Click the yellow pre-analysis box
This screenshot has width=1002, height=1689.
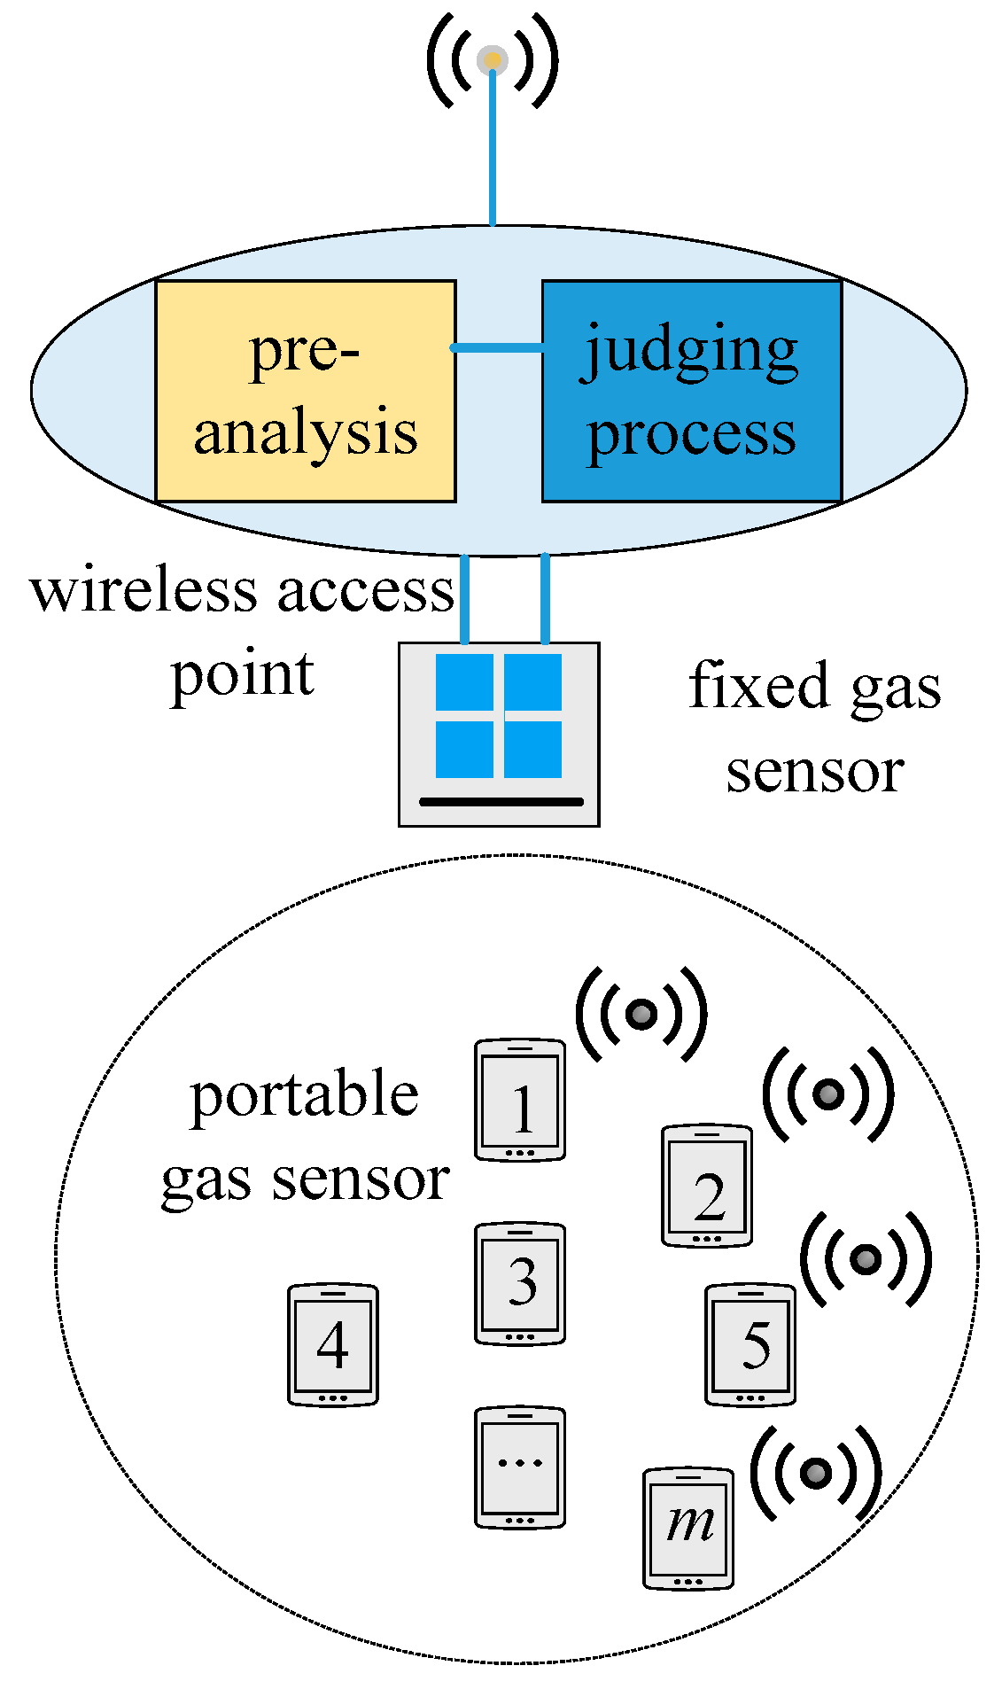point(306,391)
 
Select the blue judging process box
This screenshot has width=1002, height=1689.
point(692,391)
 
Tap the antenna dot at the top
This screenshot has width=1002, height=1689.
point(493,60)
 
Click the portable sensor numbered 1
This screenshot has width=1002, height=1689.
point(520,1100)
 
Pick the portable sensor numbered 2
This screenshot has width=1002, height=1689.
point(707,1186)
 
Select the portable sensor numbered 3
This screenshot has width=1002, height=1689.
point(520,1283)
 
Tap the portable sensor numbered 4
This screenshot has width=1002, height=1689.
point(333,1343)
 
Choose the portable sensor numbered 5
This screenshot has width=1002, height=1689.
point(750,1343)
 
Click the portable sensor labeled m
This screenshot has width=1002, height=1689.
point(688,1528)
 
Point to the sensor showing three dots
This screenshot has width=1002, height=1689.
point(520,1467)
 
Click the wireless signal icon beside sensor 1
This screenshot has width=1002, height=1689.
point(641,1013)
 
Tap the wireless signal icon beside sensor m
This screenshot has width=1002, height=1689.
point(816,1473)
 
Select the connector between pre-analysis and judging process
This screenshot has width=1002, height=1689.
point(498,347)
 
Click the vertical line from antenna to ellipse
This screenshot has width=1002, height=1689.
point(493,151)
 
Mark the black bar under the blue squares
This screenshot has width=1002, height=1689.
point(501,802)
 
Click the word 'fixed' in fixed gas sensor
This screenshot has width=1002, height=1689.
point(759,686)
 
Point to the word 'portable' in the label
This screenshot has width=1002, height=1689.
point(305,1095)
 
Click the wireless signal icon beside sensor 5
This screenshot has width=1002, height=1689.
point(866,1259)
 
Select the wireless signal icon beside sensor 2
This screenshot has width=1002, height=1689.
point(828,1094)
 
